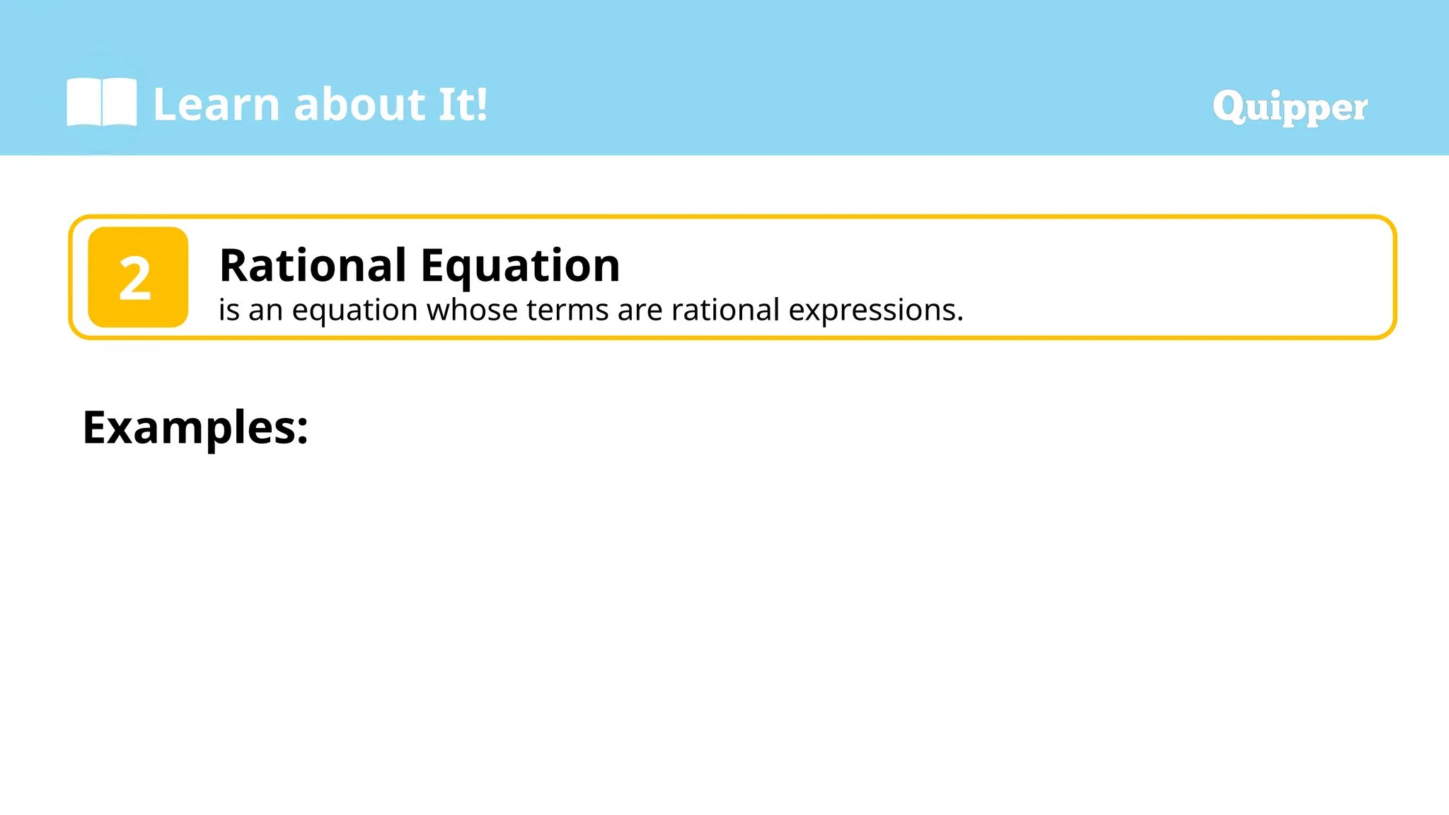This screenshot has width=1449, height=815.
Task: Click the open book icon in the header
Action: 101,103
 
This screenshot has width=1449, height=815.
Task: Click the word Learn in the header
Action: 217,105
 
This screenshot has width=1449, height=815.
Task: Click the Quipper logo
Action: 1290,108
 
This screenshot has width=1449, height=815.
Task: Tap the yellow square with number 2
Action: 138,277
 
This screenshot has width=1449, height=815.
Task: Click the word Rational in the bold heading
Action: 313,265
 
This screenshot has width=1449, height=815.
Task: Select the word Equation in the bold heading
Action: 520,265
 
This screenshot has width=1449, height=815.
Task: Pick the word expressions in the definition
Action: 874,310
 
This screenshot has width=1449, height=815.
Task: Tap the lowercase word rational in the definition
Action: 725,310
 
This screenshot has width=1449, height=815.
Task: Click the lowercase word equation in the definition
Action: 354,311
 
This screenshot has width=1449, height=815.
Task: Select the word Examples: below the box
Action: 195,427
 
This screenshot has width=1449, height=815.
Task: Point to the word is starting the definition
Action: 229,310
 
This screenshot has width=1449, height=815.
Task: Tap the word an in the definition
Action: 265,311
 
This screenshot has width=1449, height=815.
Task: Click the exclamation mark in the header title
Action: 481,105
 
